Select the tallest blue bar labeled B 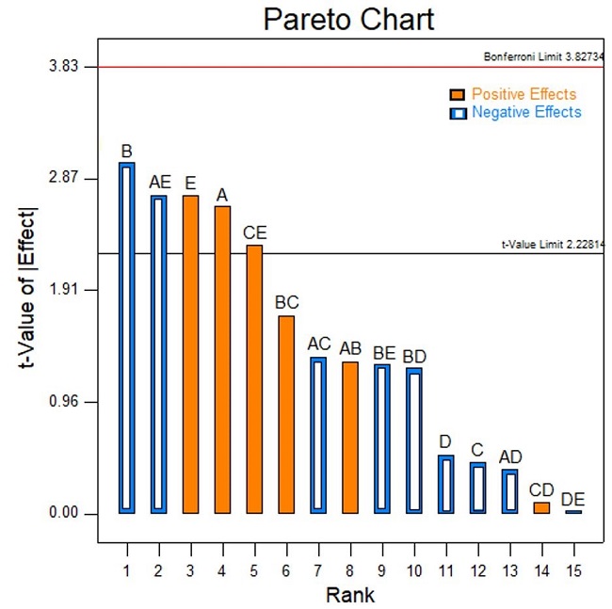(127, 338)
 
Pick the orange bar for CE (254, 378)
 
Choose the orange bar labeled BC (286, 414)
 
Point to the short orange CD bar (541, 507)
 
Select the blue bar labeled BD (414, 441)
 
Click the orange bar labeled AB (350, 437)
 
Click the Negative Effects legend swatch (458, 113)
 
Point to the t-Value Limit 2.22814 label (552, 244)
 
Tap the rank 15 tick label (572, 569)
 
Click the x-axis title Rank (349, 595)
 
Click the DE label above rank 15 (572, 498)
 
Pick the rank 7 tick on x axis (318, 569)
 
